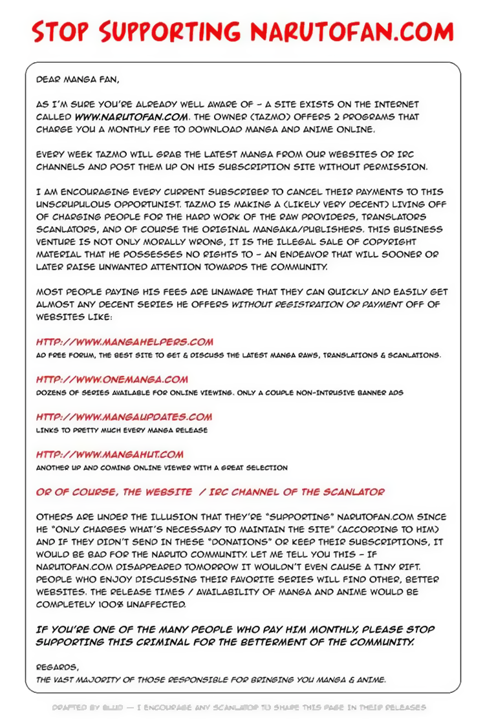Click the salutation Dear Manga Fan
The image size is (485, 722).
click(69, 80)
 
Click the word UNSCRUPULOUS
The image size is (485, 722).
click(71, 204)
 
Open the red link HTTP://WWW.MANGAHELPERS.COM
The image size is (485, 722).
click(125, 342)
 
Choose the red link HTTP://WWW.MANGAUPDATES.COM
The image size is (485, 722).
click(124, 417)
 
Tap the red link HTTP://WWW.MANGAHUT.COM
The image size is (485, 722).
click(110, 454)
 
